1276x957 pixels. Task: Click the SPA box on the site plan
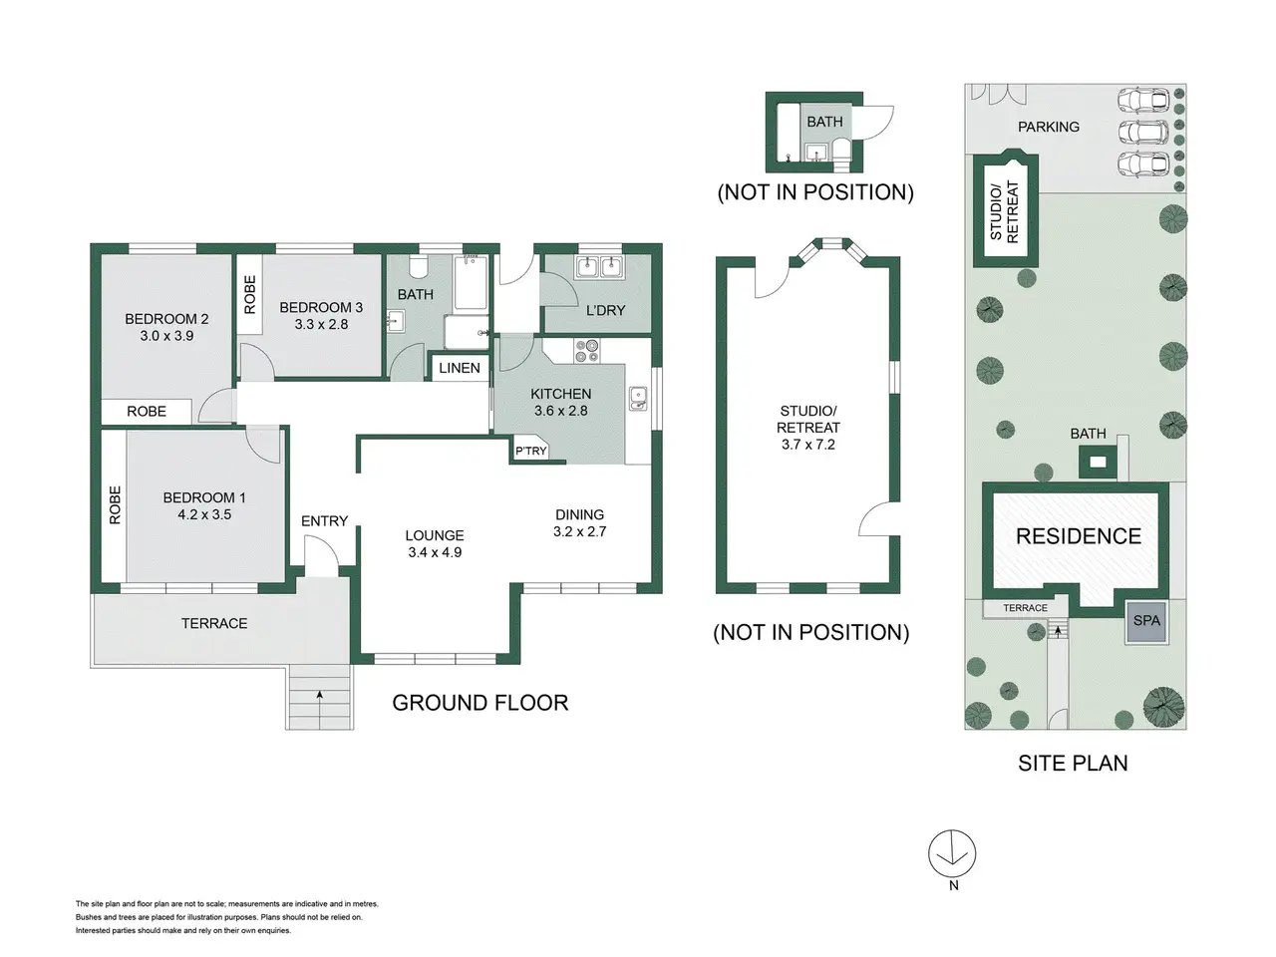tap(1145, 621)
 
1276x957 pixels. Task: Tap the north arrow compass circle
tap(952, 853)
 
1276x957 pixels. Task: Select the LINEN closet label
tap(460, 368)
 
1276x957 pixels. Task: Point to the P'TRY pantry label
tap(530, 451)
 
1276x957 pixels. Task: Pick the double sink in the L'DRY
tap(599, 268)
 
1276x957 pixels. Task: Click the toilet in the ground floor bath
tap(418, 267)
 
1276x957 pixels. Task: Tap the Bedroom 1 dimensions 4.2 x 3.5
tap(204, 514)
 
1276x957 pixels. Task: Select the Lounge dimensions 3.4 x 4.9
tap(435, 552)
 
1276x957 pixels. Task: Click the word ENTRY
tap(324, 521)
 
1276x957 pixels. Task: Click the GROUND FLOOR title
tap(480, 703)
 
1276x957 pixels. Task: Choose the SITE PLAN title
tap(1073, 763)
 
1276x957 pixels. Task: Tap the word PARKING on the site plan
tap(1048, 127)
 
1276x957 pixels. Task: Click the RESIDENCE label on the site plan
tap(1079, 535)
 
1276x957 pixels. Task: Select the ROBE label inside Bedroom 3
tap(250, 295)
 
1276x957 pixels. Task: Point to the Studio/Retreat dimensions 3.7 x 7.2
tap(808, 445)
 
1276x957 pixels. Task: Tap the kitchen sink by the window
tap(638, 399)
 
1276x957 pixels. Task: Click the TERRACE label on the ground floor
tap(214, 623)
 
